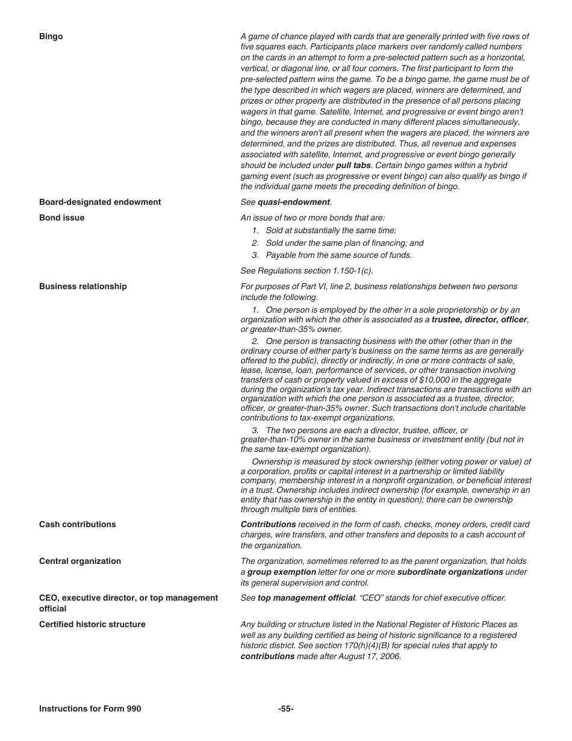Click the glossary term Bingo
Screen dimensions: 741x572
pyautogui.click(x=51, y=37)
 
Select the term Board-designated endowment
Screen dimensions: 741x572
pyautogui.click(x=100, y=202)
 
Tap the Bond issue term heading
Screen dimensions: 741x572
pyautogui.click(x=61, y=218)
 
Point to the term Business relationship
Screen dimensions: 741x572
pyautogui.click(x=82, y=287)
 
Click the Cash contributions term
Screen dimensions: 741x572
pyautogui.click(x=77, y=525)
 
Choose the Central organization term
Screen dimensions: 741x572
pyautogui.click(x=79, y=561)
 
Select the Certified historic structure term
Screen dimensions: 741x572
pyautogui.click(x=92, y=625)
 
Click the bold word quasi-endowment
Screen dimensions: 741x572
pyautogui.click(x=294, y=202)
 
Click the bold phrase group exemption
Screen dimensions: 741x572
pyautogui.click(x=281, y=572)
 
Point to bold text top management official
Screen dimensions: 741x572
pyautogui.click(x=306, y=598)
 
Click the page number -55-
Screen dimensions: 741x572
pyautogui.click(x=286, y=709)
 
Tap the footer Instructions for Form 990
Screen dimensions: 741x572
pyautogui.click(x=90, y=709)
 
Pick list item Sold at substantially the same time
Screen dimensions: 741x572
pyautogui.click(x=331, y=231)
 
